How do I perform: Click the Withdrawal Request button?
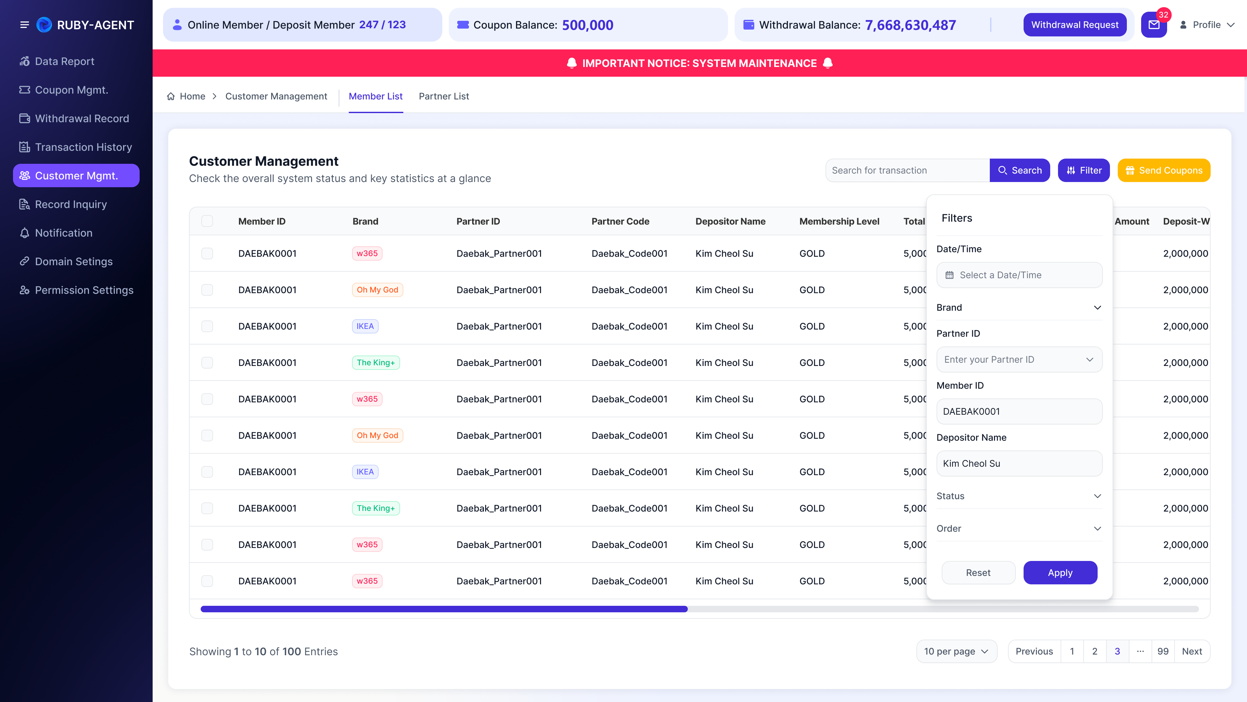point(1075,25)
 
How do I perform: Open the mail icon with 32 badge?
point(1154,25)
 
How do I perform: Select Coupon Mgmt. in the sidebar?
point(71,90)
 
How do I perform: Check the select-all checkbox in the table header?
point(207,221)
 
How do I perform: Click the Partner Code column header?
point(620,221)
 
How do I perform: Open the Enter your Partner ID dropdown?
point(1019,359)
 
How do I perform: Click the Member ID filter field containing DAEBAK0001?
point(1019,411)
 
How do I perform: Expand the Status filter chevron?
point(1097,496)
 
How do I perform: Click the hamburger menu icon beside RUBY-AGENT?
point(24,25)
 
